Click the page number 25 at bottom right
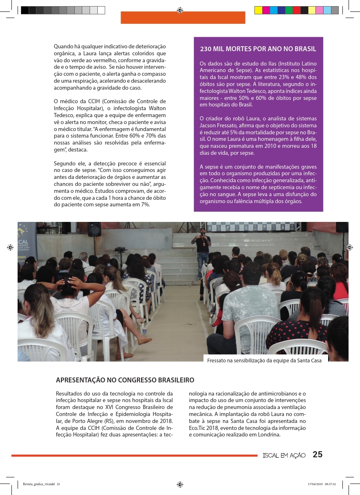317,454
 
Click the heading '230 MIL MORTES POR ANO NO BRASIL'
258,49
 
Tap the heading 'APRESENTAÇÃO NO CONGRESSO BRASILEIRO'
125,380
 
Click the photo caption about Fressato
265,360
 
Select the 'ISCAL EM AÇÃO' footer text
284,455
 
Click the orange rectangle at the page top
183,18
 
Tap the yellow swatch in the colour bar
258,11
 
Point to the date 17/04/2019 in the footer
315,484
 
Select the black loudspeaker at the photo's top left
94,229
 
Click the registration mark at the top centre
180,10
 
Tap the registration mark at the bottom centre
180,484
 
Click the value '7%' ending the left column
145,205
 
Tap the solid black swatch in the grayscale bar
25,11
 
